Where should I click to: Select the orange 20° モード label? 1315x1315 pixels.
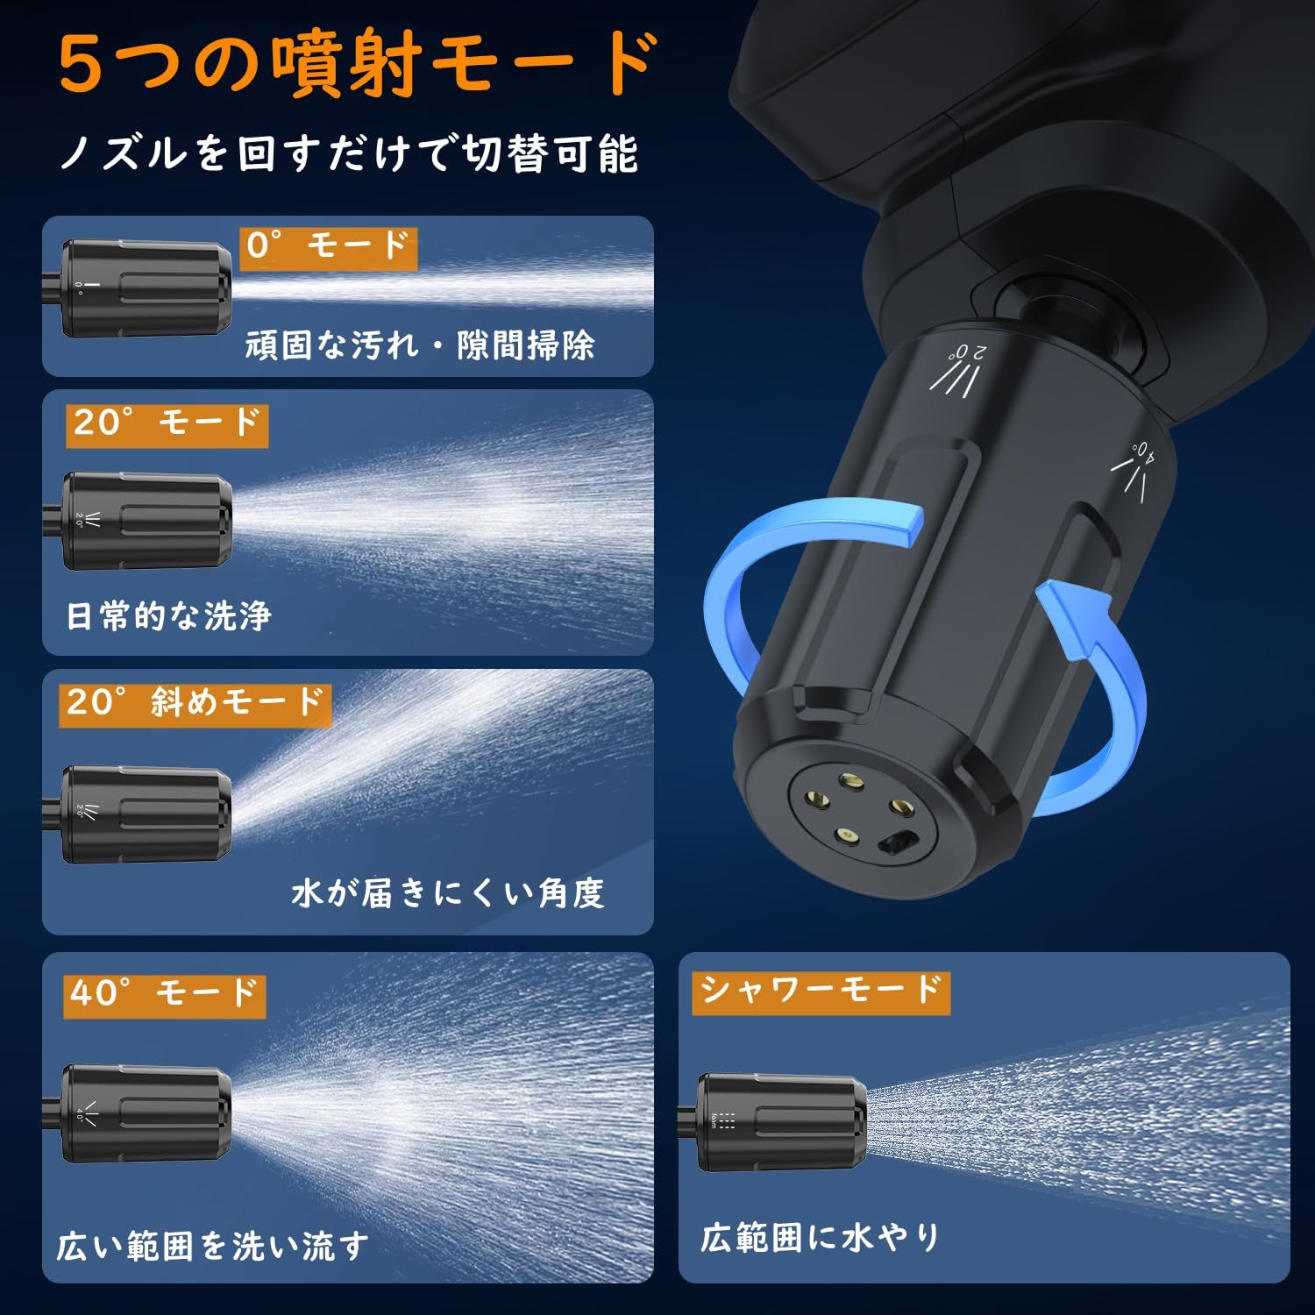(x=167, y=425)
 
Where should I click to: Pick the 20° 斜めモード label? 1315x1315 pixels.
(x=195, y=704)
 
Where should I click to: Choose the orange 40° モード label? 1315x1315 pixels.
(x=164, y=995)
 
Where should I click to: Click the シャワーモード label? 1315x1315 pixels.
(x=820, y=992)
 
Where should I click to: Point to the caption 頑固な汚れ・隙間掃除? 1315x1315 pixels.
(x=419, y=346)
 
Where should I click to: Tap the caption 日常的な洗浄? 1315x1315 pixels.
(x=168, y=616)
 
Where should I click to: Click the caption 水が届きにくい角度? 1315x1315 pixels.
(x=447, y=894)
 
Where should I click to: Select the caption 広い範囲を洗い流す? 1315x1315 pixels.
(x=213, y=1246)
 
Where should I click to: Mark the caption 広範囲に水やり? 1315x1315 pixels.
(x=820, y=1238)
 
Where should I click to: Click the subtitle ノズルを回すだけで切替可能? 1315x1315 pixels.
(x=349, y=153)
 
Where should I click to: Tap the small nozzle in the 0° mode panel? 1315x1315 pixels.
(x=146, y=289)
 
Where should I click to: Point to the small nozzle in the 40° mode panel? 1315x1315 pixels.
(x=146, y=1113)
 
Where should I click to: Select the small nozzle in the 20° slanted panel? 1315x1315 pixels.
(x=146, y=814)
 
